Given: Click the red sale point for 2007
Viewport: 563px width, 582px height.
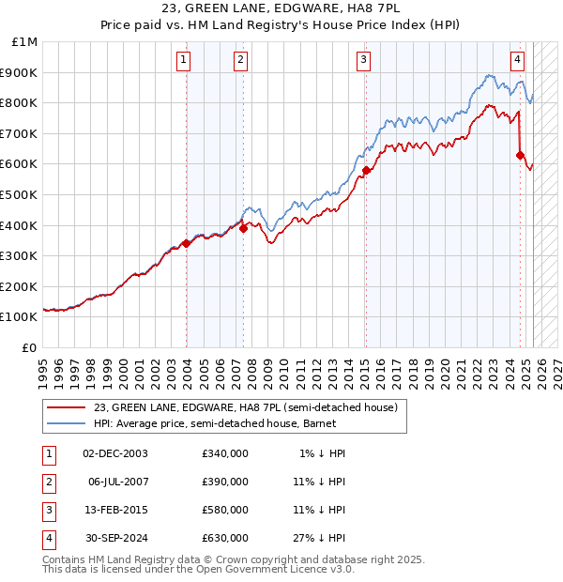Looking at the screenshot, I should tap(243, 227).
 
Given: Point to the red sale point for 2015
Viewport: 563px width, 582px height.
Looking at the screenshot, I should tap(365, 170).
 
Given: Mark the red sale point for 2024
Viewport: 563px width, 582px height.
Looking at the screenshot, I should tap(520, 155).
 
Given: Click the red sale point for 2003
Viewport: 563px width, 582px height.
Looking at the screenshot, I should tap(186, 243).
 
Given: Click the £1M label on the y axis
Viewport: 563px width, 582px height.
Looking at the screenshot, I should tap(25, 42).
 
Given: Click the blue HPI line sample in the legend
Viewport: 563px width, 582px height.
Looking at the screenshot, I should tap(67, 423).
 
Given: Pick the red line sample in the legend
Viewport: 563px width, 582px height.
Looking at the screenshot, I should tap(67, 407).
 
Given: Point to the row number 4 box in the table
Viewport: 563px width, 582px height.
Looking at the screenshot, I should tap(46, 538).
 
